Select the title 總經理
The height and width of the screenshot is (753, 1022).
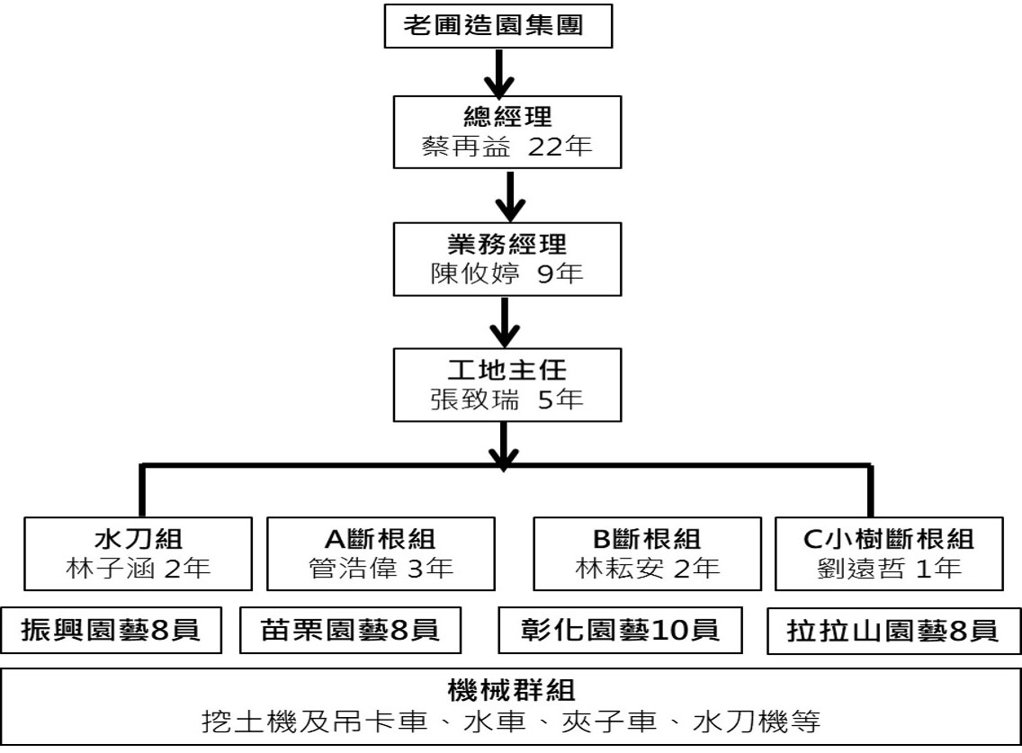[509, 118]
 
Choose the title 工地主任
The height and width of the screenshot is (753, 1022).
[509, 372]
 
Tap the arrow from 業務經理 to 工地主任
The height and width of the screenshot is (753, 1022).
[509, 322]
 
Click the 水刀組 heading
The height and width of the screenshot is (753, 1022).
[139, 540]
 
